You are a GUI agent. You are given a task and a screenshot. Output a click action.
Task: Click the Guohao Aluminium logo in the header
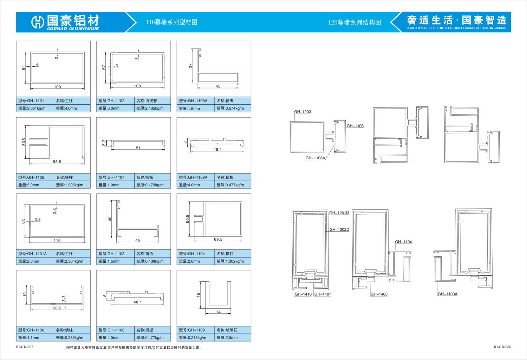click(65, 22)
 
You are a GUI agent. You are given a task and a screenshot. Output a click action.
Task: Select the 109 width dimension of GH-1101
click(57, 87)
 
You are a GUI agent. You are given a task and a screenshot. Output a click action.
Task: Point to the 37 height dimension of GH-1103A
click(190, 66)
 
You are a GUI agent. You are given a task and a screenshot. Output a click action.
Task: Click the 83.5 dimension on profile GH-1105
click(57, 162)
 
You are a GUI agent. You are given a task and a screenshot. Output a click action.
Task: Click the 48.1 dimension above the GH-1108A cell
click(217, 150)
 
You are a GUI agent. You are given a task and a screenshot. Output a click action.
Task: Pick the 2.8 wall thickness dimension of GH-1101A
click(37, 220)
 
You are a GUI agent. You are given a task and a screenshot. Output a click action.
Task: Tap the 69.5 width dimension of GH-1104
click(218, 239)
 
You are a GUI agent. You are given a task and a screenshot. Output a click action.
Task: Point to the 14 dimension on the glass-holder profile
click(218, 312)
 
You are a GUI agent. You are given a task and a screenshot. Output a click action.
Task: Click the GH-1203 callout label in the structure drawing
click(302, 112)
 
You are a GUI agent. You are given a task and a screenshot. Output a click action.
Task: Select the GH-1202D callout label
click(339, 230)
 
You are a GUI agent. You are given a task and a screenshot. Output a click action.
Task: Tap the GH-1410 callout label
click(303, 294)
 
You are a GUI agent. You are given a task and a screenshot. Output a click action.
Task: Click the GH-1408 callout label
click(379, 294)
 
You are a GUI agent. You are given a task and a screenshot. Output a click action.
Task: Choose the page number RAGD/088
click(502, 347)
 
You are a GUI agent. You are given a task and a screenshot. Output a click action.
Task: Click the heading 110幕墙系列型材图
click(171, 22)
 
